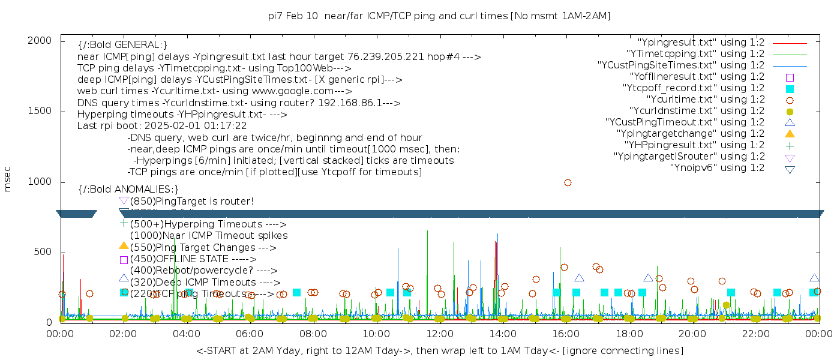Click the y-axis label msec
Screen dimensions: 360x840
[8, 179]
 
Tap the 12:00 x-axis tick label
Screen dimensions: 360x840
[439, 334]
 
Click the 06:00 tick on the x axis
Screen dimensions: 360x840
[250, 334]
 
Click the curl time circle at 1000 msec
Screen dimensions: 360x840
[568, 182]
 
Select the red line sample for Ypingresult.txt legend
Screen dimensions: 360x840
[790, 43]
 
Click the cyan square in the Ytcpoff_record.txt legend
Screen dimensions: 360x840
[790, 88]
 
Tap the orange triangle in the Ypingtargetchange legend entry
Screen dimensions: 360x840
[790, 134]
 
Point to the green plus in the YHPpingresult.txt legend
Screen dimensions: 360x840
[790, 145]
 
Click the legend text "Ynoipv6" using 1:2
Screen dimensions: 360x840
[717, 168]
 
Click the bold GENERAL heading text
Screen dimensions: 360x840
[122, 45]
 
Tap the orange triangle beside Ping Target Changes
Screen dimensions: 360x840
[124, 245]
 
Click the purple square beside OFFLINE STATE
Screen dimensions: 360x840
[124, 260]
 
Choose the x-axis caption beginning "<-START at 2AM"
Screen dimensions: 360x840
[439, 350]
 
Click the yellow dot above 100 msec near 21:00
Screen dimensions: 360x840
[727, 305]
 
